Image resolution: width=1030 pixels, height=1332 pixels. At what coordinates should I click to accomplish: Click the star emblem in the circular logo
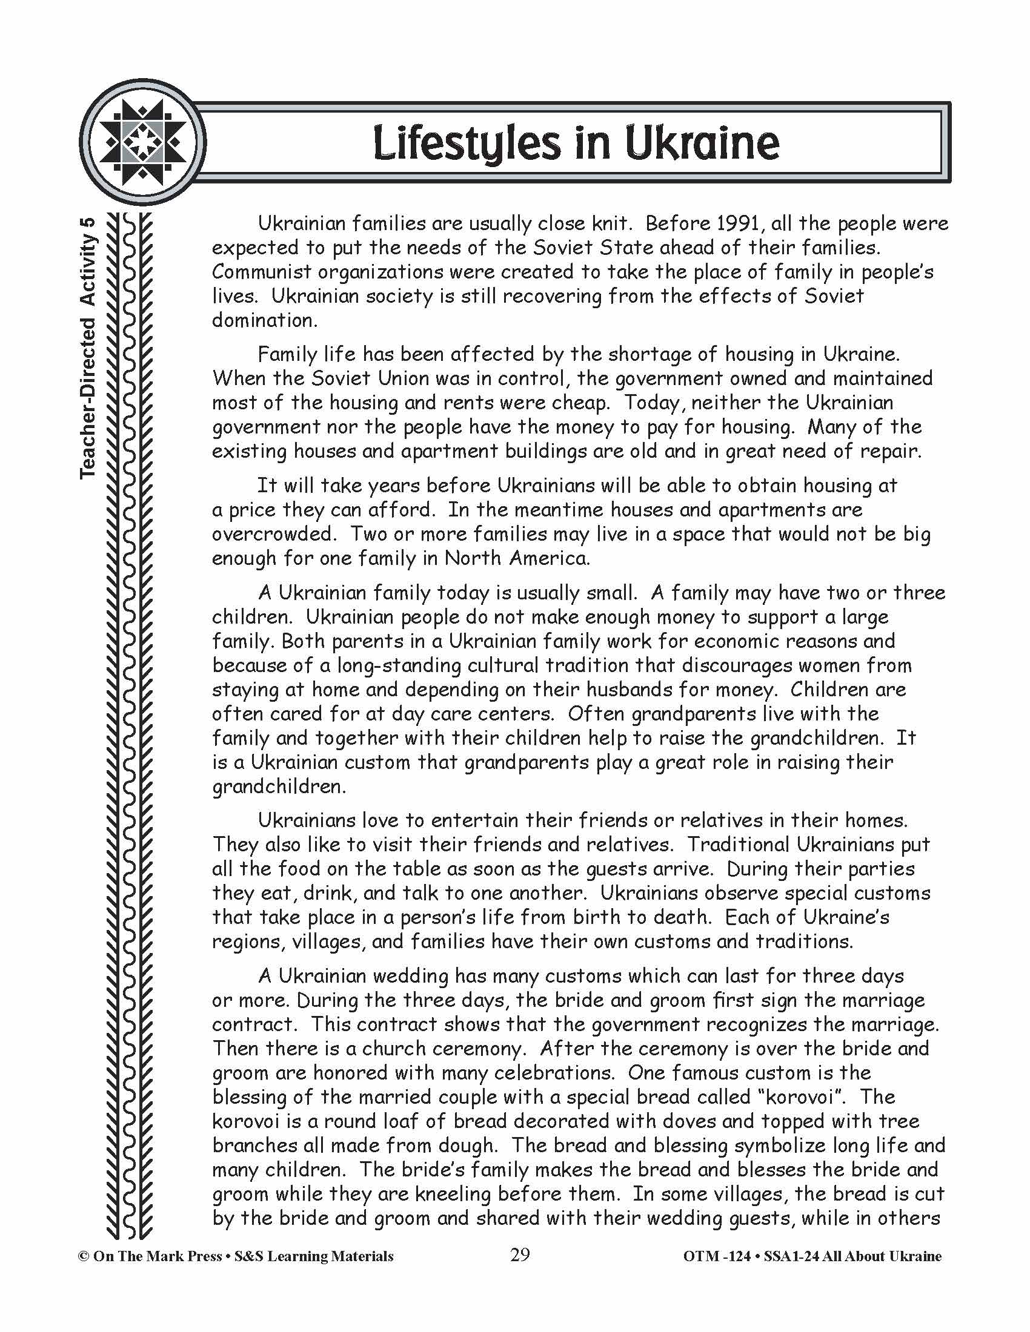[143, 143]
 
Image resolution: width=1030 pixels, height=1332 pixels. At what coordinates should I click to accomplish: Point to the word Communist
[262, 272]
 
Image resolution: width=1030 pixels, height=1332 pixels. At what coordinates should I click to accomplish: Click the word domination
[264, 320]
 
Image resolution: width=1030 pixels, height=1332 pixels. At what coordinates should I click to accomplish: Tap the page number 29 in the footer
[520, 1256]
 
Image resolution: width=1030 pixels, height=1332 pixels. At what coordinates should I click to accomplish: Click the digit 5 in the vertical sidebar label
[88, 223]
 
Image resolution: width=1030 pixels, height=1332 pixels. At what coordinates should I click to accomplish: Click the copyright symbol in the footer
[84, 1256]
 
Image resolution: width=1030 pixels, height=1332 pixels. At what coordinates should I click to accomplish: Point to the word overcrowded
[274, 534]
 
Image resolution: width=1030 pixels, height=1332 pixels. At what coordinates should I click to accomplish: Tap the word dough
[457, 1146]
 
